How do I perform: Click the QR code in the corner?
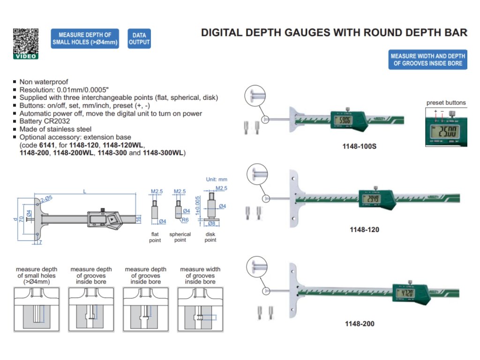tap(25, 42)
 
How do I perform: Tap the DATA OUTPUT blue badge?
tap(139, 38)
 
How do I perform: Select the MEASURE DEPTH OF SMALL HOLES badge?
tap(85, 38)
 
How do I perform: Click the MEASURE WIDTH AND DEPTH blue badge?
tap(427, 60)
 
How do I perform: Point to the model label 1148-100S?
tap(360, 146)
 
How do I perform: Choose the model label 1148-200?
tap(360, 323)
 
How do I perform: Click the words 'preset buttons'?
tap(446, 103)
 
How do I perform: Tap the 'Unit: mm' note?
tap(217, 179)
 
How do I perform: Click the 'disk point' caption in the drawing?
tap(210, 237)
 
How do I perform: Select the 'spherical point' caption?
tap(180, 237)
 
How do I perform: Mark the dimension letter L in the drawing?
tap(84, 191)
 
